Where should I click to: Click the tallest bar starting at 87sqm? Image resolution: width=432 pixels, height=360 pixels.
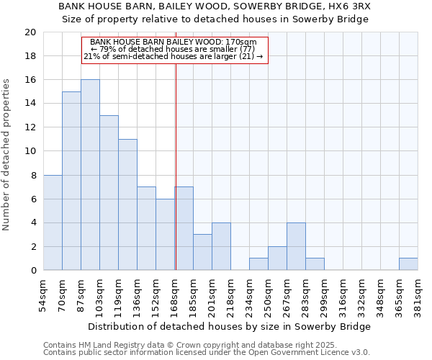coord(90,175)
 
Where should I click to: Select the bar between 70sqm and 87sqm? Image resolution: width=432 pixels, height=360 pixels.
coord(71,181)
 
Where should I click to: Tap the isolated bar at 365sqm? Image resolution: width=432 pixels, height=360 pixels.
coord(408,264)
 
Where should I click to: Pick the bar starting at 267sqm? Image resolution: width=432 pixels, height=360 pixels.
coord(296,246)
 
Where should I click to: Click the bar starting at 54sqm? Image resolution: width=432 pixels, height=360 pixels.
coord(53,222)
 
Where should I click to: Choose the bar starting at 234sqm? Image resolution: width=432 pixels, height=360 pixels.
coord(258,264)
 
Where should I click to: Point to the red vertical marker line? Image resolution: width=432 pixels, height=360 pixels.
coord(176,180)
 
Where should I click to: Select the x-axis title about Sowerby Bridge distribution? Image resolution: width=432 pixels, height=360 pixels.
coord(230,327)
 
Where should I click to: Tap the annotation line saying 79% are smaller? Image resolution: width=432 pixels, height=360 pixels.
coord(173,49)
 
